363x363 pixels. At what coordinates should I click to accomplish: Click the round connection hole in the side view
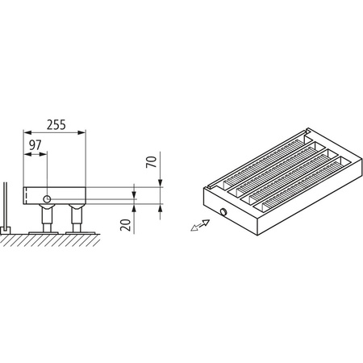[48, 199]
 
